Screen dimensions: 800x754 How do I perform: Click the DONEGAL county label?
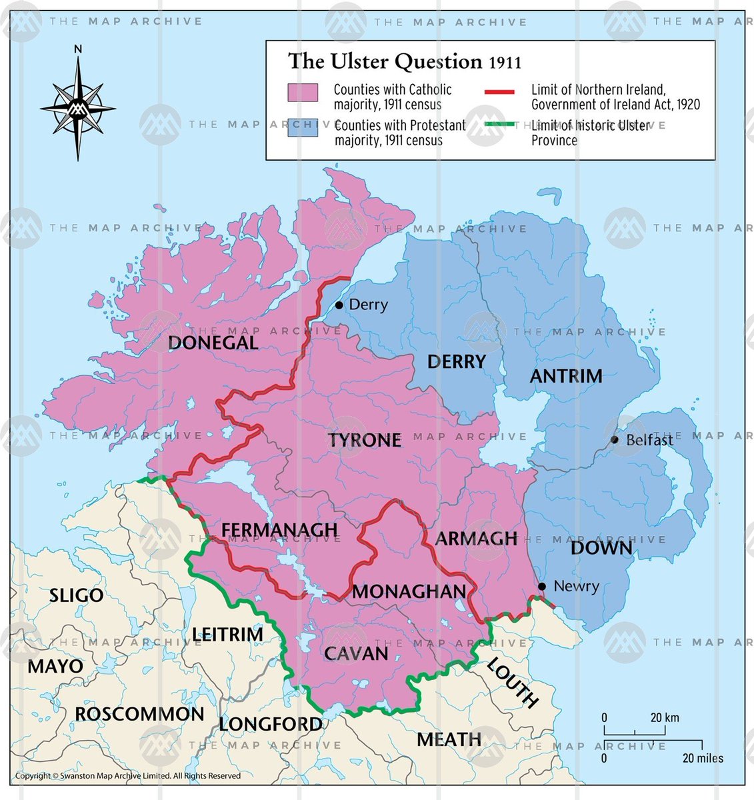[213, 343]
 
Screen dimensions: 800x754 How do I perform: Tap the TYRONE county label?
[365, 440]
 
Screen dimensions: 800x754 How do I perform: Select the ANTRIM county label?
[566, 376]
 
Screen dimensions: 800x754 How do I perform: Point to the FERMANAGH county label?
[279, 530]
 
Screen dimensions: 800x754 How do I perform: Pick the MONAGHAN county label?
[409, 591]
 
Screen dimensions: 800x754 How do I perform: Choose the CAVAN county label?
[356, 653]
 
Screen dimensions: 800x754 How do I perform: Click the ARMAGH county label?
[476, 539]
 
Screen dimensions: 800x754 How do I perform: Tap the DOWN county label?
[601, 548]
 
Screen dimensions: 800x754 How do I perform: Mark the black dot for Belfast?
[615, 440]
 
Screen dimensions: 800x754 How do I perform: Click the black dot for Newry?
[542, 587]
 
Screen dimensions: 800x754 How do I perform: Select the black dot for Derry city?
[339, 305]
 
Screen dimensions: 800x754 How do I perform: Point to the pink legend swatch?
[302, 93]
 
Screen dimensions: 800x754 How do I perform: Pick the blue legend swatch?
[302, 128]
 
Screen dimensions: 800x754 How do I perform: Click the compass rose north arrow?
[78, 73]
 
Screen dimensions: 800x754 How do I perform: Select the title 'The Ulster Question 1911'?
[404, 61]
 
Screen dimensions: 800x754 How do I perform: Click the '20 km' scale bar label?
[665, 717]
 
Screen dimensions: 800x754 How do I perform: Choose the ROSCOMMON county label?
[139, 714]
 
